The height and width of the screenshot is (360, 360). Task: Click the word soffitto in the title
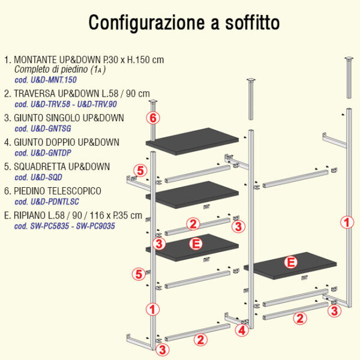(252, 22)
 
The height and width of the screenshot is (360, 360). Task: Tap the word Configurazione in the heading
(147, 23)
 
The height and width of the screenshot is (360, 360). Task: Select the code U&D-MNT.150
(53, 80)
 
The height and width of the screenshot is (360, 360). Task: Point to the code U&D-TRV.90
(97, 104)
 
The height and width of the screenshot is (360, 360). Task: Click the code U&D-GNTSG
(51, 128)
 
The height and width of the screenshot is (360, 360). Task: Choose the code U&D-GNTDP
(51, 153)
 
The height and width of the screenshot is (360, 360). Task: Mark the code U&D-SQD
(46, 177)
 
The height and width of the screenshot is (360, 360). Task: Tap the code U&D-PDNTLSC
(55, 202)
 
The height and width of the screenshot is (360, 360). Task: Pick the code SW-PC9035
(95, 226)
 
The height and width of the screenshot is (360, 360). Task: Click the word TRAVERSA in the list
(35, 94)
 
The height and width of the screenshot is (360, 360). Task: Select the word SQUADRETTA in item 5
(40, 167)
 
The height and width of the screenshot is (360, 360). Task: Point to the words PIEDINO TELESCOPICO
(58, 191)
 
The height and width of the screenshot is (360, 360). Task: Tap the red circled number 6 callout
(153, 118)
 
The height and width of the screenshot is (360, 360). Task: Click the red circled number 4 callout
(242, 331)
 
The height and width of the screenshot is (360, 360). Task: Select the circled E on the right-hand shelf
(291, 262)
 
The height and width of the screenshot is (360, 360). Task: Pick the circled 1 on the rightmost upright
(347, 222)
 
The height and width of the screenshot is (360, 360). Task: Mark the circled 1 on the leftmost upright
(152, 309)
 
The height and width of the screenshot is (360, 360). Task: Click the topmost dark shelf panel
(192, 141)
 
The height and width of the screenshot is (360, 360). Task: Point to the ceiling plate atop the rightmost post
(349, 58)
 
